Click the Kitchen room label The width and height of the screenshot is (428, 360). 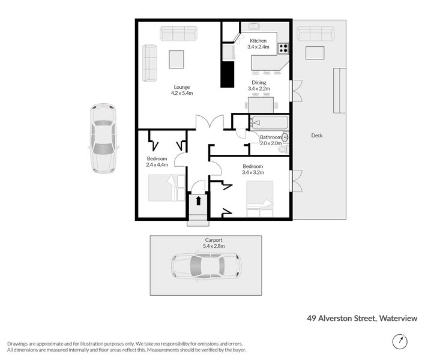tap(258, 41)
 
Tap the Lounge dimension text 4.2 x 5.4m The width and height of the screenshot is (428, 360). tap(182, 93)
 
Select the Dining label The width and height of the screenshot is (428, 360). tap(259, 82)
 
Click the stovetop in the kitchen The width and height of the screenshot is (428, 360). tap(283, 49)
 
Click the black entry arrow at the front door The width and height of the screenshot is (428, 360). tap(199, 200)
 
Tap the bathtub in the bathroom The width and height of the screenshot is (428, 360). tap(270, 123)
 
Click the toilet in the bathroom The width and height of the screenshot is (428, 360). tap(284, 149)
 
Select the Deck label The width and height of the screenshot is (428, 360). tap(316, 136)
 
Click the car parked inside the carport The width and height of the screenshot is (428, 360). tap(206, 266)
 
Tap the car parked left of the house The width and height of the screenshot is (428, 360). tap(103, 139)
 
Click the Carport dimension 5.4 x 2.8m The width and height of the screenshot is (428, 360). tap(214, 246)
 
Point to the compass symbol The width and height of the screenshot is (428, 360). tap(400, 341)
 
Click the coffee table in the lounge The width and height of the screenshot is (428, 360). tap(176, 59)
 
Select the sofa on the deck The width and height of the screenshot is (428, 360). tap(315, 34)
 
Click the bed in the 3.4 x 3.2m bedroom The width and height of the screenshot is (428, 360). tap(259, 199)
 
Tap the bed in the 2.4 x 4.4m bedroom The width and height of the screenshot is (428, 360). tap(167, 188)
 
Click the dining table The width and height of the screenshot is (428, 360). tap(261, 105)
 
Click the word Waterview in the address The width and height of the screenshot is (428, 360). tap(398, 318)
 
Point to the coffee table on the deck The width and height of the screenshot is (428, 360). tap(315, 53)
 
